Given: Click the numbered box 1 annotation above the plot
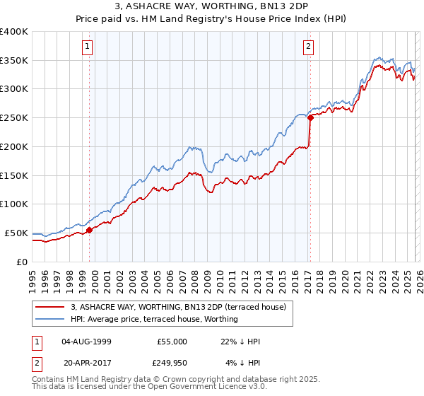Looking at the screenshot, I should coord(88,47).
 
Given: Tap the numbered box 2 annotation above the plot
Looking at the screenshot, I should coord(309,47).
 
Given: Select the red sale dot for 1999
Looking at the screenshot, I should coord(90,229).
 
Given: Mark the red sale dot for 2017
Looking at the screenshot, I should coord(310,118).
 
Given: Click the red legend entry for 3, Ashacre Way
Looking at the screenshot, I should coord(177,307).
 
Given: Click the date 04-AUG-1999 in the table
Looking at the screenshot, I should coord(86,342).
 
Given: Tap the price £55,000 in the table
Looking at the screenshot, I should coord(172,342).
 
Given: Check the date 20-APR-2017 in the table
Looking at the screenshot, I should coord(86,363).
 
